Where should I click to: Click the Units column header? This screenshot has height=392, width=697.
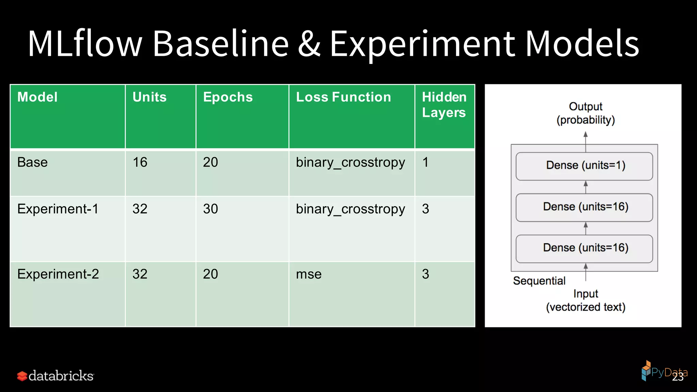coord(149,97)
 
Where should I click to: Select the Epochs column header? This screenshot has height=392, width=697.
coord(228,97)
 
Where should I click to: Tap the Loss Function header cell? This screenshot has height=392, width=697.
coord(343,97)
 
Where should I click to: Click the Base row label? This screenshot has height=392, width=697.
coord(33,162)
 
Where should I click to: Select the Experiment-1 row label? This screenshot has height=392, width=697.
coord(58,209)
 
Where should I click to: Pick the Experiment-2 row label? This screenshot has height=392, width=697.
coord(58,274)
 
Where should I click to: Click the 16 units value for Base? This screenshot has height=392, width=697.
coord(140,162)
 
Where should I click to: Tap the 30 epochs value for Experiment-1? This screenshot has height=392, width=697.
coord(210,209)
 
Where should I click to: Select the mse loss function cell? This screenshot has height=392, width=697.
coord(309,274)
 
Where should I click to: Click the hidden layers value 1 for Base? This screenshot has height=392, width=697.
coord(425,162)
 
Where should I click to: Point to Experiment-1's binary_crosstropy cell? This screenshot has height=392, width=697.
coord(350,209)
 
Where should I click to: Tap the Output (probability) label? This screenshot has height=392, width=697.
coord(585,113)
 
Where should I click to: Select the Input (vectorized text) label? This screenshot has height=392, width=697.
coord(585,300)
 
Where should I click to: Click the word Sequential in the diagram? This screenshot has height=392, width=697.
coord(539,281)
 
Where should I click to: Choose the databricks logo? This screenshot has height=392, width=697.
coord(55,376)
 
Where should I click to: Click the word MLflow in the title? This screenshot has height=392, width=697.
coord(84,44)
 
